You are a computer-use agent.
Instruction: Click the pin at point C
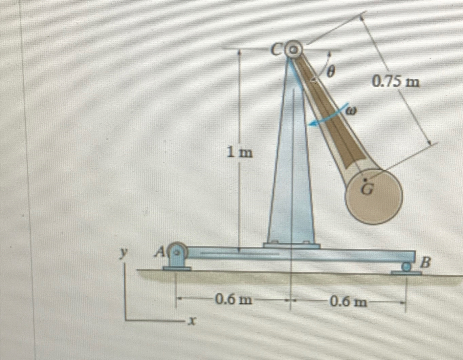point(293,50)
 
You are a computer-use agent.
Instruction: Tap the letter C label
point(277,50)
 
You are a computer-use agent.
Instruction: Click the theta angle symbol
point(331,71)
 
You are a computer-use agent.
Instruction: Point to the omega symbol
point(351,111)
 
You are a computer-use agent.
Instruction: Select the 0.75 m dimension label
point(395,82)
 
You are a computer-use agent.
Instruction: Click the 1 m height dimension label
point(240,153)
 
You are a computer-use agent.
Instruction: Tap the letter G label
point(366,190)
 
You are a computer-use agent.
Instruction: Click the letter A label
point(160,252)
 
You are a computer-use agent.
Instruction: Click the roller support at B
point(405,268)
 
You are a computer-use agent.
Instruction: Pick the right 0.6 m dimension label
point(348,301)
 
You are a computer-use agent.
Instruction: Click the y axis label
point(125,252)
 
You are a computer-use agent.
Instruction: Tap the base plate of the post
point(291,246)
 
